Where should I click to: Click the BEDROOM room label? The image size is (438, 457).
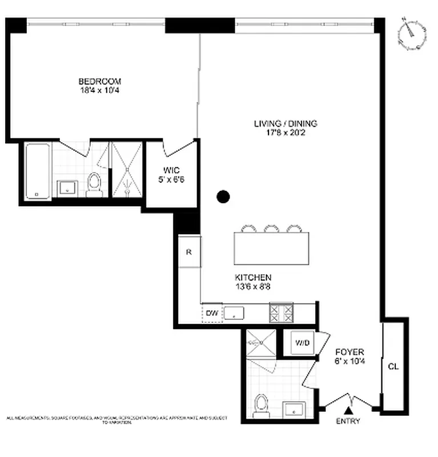click(100, 82)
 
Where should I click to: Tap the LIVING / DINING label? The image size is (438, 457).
click(285, 123)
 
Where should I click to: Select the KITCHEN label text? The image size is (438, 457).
click(252, 277)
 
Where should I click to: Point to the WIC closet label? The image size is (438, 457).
click(171, 170)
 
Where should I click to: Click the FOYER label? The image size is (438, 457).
click(349, 352)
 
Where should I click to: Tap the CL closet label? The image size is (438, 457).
click(393, 366)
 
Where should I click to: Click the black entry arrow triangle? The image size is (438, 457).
click(348, 410)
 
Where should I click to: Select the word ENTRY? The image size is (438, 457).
click(348, 422)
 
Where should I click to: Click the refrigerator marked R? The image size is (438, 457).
click(189, 251)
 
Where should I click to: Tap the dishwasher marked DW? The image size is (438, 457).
click(212, 312)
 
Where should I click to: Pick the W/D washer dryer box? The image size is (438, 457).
click(302, 343)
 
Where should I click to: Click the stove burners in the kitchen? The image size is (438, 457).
click(281, 312)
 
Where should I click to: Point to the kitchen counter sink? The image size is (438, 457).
click(234, 312)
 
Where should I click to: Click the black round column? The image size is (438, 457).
click(223, 197)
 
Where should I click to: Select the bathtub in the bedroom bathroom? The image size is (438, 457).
click(38, 171)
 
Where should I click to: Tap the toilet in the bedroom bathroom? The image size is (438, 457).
click(95, 184)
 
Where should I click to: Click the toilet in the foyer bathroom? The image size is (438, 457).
click(262, 404)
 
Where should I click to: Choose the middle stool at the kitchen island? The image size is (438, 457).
click(271, 228)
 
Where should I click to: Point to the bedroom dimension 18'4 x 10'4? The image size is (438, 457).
click(100, 90)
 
